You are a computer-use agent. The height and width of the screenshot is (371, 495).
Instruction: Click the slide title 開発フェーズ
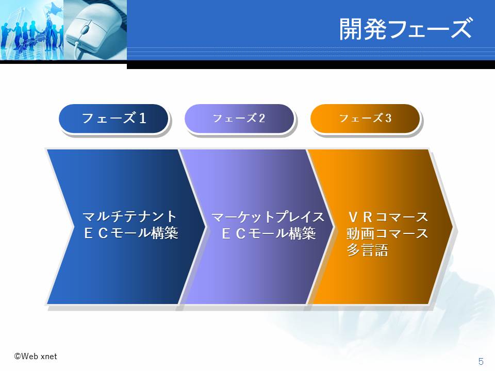[x=406, y=29]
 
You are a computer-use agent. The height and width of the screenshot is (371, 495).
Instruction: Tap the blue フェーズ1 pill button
[x=113, y=119]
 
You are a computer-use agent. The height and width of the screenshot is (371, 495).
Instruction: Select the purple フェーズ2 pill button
[x=239, y=119]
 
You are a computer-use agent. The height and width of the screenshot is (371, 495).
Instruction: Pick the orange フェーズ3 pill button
[x=365, y=119]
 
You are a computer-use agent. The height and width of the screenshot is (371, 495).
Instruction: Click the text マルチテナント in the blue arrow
[x=129, y=217]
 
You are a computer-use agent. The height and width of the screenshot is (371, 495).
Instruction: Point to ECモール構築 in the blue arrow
[x=131, y=233]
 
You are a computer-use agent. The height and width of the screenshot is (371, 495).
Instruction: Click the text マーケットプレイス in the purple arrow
[x=268, y=217]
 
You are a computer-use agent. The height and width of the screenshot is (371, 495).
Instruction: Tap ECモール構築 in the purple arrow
[x=268, y=233]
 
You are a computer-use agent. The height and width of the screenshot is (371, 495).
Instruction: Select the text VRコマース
[x=388, y=217]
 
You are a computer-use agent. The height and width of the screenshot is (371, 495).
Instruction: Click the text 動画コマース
[x=387, y=233]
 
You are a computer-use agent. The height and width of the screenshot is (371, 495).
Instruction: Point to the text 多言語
[x=367, y=250]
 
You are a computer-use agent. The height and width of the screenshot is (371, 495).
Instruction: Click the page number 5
[x=481, y=361]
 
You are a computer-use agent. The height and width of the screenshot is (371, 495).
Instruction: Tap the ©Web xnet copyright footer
[x=36, y=357]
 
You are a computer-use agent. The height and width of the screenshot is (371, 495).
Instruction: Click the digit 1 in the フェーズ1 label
[x=143, y=119]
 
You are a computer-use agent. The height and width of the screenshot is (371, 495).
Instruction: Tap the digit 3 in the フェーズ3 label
[x=388, y=119]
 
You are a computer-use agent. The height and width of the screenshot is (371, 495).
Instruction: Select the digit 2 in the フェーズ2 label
[x=262, y=119]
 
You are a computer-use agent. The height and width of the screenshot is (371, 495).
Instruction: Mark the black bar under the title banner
[x=311, y=64]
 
